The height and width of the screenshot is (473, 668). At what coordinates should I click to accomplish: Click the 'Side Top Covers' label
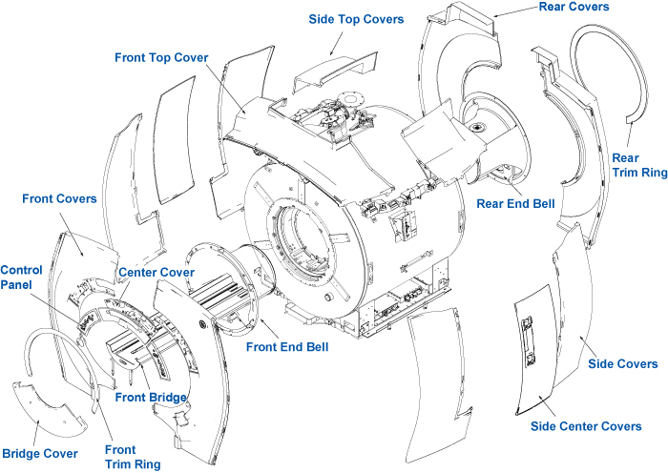356,19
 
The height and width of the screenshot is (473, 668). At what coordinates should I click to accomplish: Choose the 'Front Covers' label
59,198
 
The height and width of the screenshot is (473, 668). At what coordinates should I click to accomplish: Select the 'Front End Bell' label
287,346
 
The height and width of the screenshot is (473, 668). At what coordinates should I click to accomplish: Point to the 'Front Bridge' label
151,397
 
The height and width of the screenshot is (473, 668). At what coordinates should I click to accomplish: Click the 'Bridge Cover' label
40,453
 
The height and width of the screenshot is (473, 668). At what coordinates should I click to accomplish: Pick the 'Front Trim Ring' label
121,456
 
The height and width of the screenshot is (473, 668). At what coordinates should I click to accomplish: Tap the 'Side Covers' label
623,364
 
